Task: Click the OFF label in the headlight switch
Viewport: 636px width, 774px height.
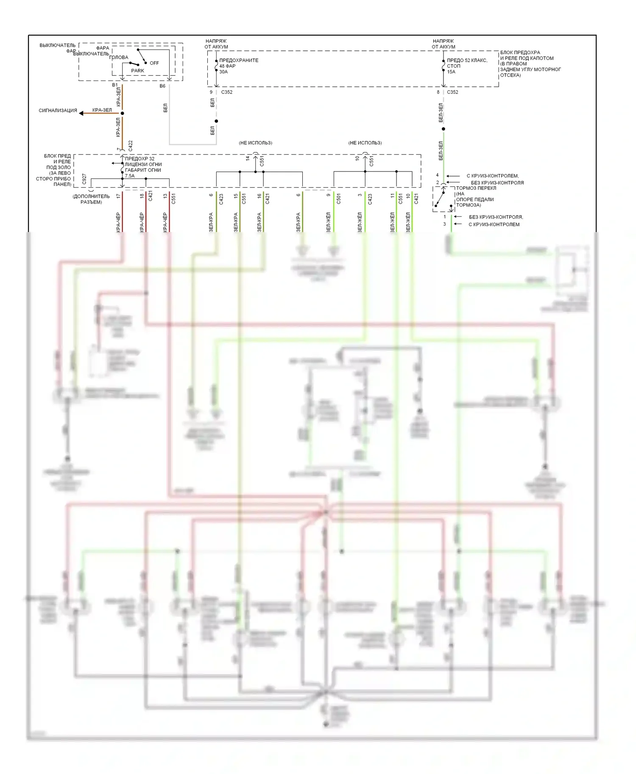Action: (x=154, y=63)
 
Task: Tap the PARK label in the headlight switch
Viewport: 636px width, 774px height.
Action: (x=137, y=71)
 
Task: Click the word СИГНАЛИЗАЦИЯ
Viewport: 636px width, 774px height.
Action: (x=58, y=111)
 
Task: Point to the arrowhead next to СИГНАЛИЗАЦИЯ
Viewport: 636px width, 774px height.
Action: (x=82, y=113)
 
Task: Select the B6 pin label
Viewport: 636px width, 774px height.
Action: (x=162, y=86)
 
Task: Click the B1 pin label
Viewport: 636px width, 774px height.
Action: (x=115, y=85)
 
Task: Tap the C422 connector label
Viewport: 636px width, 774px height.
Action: (x=130, y=146)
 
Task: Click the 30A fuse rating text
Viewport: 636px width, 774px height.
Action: (x=223, y=72)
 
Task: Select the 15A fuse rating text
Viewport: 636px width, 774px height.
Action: (x=451, y=72)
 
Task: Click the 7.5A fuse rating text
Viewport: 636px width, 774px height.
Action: (x=130, y=176)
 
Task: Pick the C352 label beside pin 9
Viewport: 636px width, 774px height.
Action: (x=227, y=92)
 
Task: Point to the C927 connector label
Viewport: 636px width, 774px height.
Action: (x=84, y=179)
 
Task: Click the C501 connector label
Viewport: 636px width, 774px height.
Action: (x=338, y=199)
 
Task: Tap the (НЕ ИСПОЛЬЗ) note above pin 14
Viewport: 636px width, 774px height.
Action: (x=255, y=143)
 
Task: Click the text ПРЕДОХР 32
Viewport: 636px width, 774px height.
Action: (x=140, y=159)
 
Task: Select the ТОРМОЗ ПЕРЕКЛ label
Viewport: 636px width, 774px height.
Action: (x=476, y=188)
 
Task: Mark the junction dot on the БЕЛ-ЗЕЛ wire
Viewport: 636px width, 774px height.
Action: (x=444, y=129)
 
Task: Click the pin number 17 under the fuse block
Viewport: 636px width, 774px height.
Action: (x=118, y=196)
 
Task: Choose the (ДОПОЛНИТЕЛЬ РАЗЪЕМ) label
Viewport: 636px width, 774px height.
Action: (x=91, y=199)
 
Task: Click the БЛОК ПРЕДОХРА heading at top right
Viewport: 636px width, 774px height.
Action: (x=520, y=53)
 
